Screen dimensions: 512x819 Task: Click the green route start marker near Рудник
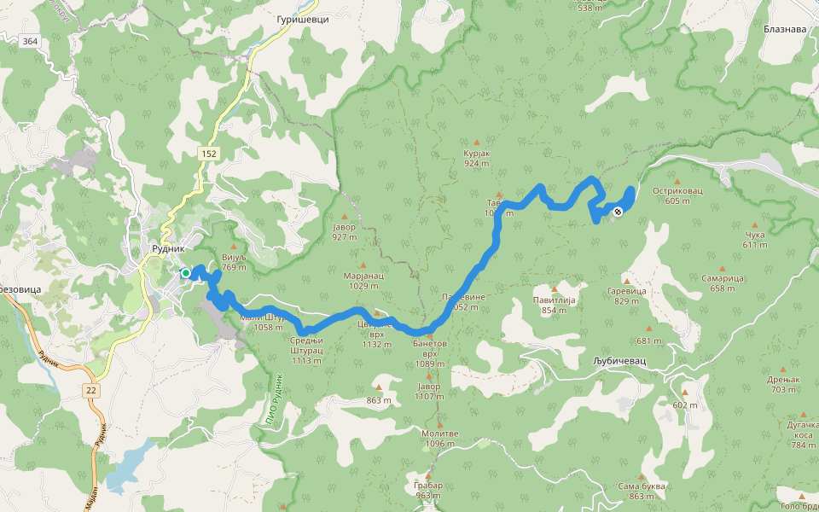click(x=185, y=273)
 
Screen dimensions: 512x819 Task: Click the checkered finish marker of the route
click(x=618, y=211)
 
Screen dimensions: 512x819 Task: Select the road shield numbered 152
click(x=209, y=153)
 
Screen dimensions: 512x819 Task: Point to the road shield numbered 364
click(x=31, y=41)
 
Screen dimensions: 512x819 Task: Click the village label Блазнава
click(x=784, y=28)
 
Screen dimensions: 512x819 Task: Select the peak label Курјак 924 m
click(x=476, y=157)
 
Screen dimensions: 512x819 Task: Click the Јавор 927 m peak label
click(x=345, y=231)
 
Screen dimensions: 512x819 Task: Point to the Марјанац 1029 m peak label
click(x=363, y=281)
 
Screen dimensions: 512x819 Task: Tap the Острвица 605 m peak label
click(x=677, y=195)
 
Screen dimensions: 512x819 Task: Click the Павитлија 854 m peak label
click(x=555, y=305)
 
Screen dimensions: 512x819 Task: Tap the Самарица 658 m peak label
click(x=723, y=282)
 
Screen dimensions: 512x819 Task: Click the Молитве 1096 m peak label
click(x=440, y=438)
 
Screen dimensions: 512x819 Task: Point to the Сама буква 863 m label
click(x=641, y=491)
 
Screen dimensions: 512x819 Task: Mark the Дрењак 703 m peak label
click(x=783, y=384)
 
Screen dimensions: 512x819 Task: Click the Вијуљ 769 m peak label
click(x=233, y=262)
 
